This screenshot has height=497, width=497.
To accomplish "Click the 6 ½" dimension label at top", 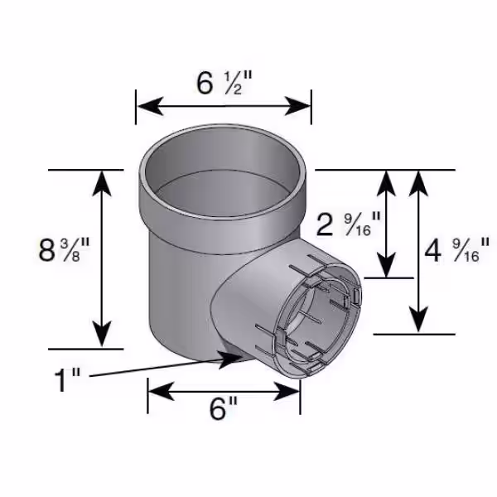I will tap(224, 83).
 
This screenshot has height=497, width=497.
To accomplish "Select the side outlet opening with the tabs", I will tap(319, 319).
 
